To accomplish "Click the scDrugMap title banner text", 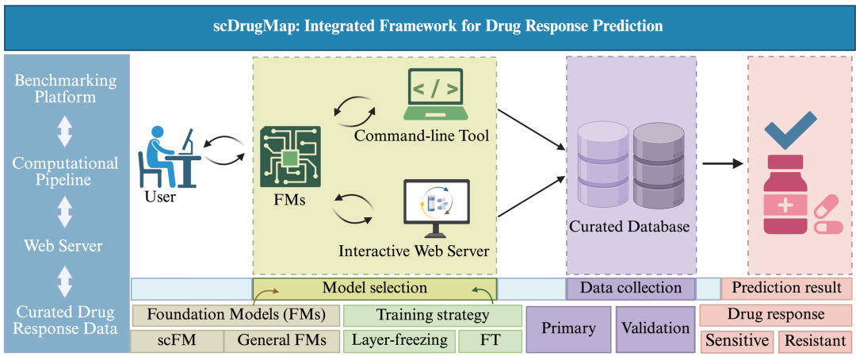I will pyautogui.click(x=428, y=25).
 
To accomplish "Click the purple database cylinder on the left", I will pyautogui.click(x=603, y=164).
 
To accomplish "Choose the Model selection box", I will pyautogui.click(x=374, y=288).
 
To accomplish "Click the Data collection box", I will pyautogui.click(x=630, y=288).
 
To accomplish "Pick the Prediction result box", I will pyautogui.click(x=786, y=288).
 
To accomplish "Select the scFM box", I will pyautogui.click(x=177, y=341).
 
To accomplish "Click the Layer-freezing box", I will pyautogui.click(x=399, y=341).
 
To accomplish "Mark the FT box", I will pyautogui.click(x=490, y=341).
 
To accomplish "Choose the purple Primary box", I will pyautogui.click(x=568, y=328).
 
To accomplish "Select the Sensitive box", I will pyautogui.click(x=737, y=342).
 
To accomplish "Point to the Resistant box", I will pyautogui.click(x=815, y=342).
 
